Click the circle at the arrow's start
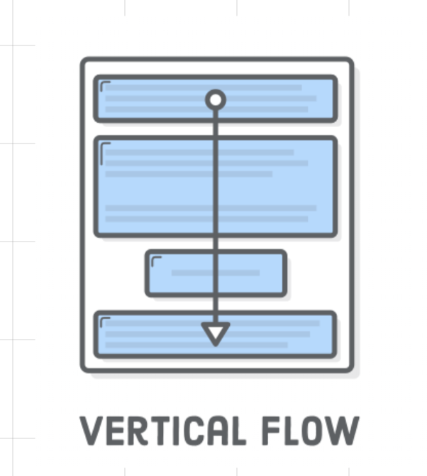(x=216, y=99)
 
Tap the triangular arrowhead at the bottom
(x=216, y=333)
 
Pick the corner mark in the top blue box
(x=105, y=86)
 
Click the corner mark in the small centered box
(x=156, y=261)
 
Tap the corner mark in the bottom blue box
(x=105, y=322)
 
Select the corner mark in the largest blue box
(x=105, y=147)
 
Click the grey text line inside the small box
(x=192, y=273)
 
